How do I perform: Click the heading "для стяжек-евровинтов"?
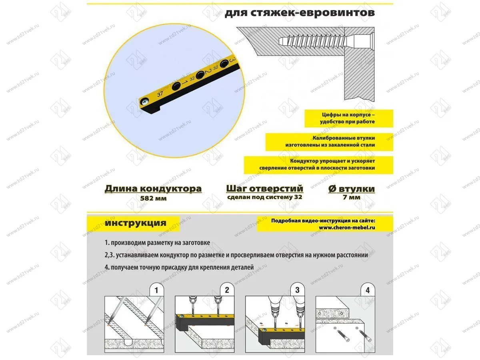tap(300, 12)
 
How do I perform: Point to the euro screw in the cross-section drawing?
tap(326, 40)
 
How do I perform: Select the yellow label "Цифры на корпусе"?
tap(348, 118)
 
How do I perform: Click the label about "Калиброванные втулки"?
tap(330, 141)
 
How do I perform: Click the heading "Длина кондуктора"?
tap(153, 189)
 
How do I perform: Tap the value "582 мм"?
tap(153, 198)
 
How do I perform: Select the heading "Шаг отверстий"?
tap(264, 189)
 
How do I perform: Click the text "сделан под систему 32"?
tap(264, 197)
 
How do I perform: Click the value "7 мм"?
tap(351, 198)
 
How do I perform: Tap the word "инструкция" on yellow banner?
tap(136, 223)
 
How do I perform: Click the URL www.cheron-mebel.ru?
tap(347, 228)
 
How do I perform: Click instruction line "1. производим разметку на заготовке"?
tap(157, 243)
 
